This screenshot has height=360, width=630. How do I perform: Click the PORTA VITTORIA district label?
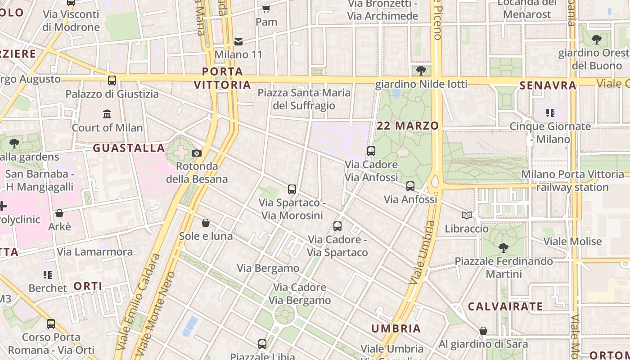(222, 78)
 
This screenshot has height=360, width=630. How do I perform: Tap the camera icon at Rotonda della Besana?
(197, 153)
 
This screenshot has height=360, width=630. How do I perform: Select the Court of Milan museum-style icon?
(107, 114)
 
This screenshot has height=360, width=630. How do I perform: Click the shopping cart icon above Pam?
(266, 9)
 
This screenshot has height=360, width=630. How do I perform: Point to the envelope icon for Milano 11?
(238, 42)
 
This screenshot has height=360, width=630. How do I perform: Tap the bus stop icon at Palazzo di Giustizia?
(112, 81)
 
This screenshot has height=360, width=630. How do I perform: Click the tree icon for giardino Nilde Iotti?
(421, 71)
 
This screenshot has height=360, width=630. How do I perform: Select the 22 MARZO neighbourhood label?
(408, 126)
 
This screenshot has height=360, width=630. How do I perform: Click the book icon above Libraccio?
(467, 216)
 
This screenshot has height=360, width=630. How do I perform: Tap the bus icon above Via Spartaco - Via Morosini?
(292, 189)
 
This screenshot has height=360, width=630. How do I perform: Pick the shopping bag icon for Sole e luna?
(206, 223)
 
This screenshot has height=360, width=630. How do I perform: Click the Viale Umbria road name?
(422, 252)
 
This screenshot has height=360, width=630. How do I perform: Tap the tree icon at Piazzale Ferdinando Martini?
(503, 248)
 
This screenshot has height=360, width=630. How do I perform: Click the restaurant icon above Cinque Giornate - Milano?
(550, 113)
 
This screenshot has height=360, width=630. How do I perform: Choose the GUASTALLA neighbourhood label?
(129, 148)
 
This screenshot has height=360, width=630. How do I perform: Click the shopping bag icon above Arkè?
(59, 213)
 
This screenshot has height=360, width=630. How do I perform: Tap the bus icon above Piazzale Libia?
(262, 344)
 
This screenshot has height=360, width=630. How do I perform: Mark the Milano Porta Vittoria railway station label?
(572, 181)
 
